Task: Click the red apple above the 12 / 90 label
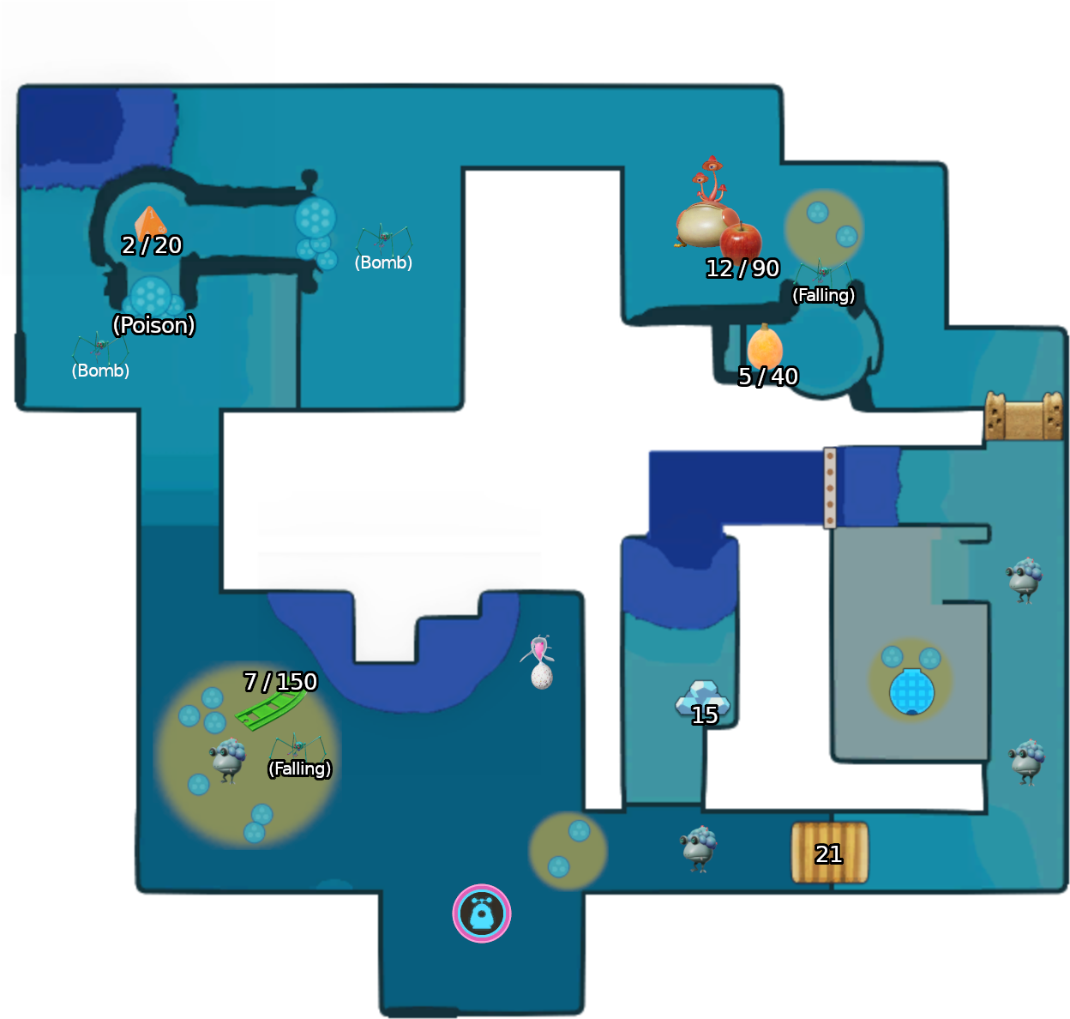pyautogui.click(x=740, y=240)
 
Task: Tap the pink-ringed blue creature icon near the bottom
pyautogui.click(x=482, y=913)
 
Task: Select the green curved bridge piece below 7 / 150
pyautogui.click(x=270, y=710)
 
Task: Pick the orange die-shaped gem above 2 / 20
pyautogui.click(x=150, y=223)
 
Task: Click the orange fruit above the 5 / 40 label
pyautogui.click(x=765, y=346)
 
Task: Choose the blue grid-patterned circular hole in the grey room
pyautogui.click(x=911, y=691)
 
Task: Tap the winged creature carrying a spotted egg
pyautogui.click(x=538, y=661)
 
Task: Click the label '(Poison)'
pyautogui.click(x=153, y=325)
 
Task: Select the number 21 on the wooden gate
pyautogui.click(x=828, y=854)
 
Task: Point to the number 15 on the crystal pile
pyautogui.click(x=705, y=715)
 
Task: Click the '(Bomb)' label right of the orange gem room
pyautogui.click(x=383, y=262)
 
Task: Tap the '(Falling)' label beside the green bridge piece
pyautogui.click(x=299, y=769)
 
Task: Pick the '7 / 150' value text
pyautogui.click(x=280, y=681)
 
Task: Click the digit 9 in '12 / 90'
pyautogui.click(x=759, y=268)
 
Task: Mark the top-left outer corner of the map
pyautogui.click(x=19, y=86)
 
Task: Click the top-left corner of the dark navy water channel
pyautogui.click(x=649, y=451)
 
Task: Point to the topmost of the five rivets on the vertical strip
pyautogui.click(x=830, y=456)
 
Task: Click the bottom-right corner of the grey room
pyautogui.click(x=988, y=761)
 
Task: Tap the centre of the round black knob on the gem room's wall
pyautogui.click(x=310, y=178)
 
